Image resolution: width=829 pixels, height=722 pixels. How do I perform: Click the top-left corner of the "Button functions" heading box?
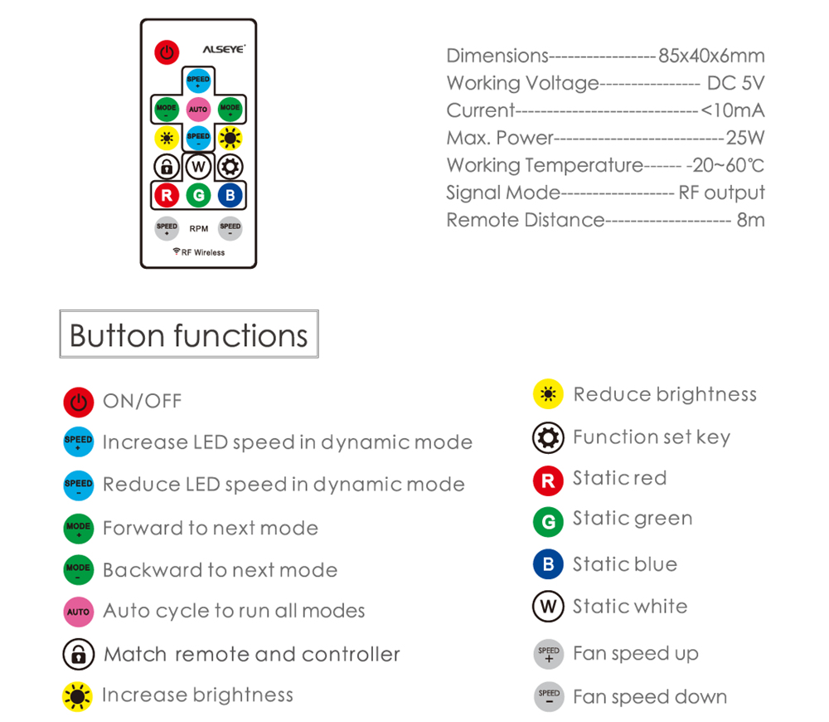click(60, 310)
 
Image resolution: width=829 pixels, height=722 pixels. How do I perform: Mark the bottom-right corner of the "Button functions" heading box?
click(319, 358)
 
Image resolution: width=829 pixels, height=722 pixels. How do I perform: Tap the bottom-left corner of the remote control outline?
click(141, 268)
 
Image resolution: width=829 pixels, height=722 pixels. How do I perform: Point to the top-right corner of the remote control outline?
click(256, 20)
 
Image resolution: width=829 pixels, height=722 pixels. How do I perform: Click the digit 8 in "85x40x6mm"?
click(664, 56)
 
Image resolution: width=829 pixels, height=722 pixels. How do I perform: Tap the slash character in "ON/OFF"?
click(142, 401)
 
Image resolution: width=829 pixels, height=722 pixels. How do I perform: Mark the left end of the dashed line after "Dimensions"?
click(550, 56)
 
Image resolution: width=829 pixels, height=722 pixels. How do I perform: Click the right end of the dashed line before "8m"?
click(731, 221)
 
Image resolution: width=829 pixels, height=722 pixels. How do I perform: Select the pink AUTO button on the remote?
click(198, 110)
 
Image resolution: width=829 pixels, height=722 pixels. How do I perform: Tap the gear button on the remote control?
click(230, 167)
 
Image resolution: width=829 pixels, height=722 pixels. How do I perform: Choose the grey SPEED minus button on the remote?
click(230, 228)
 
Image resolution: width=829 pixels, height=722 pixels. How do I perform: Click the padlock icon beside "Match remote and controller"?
click(78, 654)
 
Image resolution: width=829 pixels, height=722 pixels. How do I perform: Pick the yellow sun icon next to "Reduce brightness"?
click(548, 394)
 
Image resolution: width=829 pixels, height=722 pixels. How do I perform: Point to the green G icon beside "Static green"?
click(548, 522)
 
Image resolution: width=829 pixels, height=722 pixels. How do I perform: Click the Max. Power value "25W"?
click(745, 138)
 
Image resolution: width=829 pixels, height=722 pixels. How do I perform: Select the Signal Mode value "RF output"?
click(722, 193)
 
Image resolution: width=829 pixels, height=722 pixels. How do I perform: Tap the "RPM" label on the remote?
click(199, 229)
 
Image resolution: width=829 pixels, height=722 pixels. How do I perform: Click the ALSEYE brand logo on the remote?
click(224, 49)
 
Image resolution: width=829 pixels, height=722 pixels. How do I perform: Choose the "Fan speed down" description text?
click(650, 697)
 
